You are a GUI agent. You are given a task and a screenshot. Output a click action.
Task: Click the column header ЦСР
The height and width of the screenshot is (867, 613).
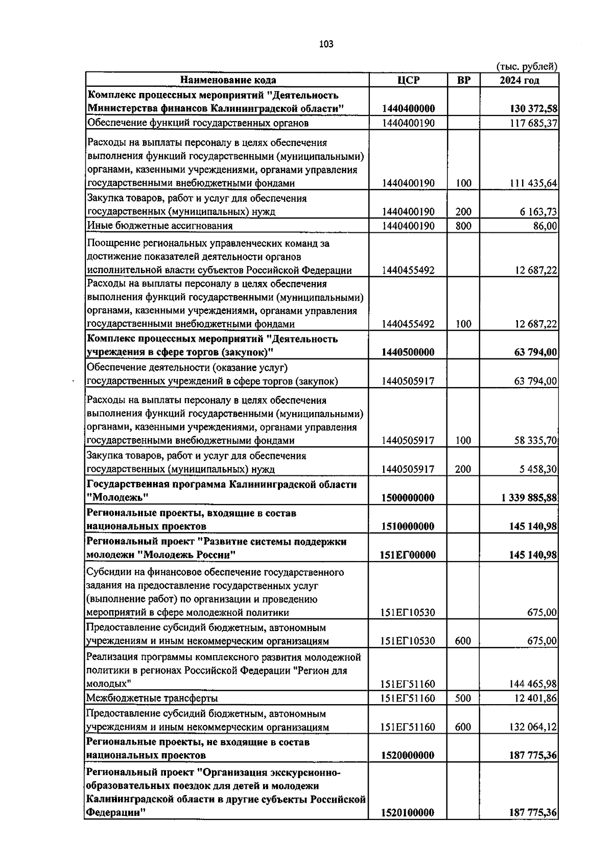[408, 80]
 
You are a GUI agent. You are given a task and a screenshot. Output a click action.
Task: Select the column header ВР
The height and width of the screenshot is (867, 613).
[463, 80]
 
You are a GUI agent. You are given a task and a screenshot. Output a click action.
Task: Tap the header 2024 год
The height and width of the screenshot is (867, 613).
[519, 80]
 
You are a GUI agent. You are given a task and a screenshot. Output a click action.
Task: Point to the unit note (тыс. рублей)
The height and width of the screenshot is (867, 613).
[527, 67]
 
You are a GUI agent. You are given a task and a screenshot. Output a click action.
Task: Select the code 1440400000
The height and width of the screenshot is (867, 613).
[408, 109]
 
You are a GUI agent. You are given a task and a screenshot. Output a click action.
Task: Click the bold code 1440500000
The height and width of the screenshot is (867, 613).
[408, 352]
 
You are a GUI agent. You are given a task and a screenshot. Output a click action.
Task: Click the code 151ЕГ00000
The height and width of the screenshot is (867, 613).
[408, 555]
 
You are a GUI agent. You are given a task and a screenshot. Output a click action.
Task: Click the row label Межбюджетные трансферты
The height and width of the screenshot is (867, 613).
[152, 698]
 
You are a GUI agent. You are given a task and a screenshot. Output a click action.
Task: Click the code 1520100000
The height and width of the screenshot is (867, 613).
[408, 812]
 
